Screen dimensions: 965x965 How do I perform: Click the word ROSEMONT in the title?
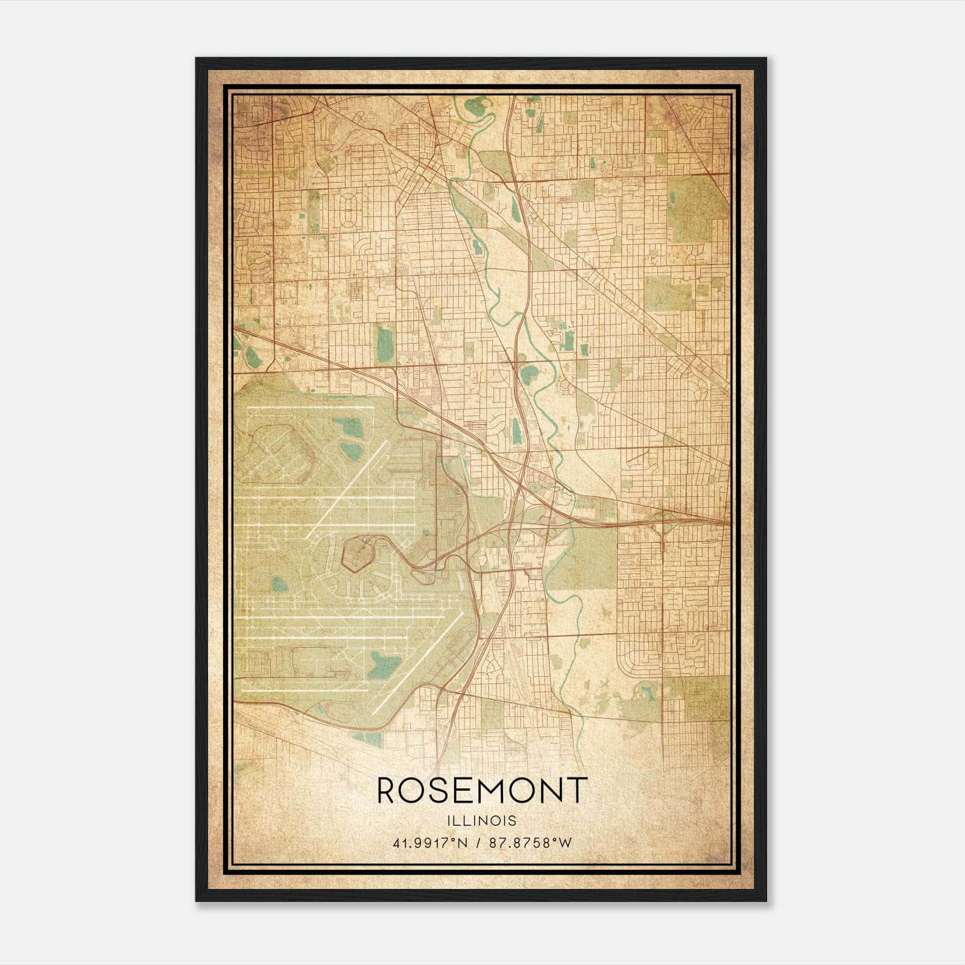click(482, 791)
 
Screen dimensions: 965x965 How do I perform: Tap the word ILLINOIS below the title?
click(482, 821)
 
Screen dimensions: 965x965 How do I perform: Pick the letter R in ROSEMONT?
click(388, 791)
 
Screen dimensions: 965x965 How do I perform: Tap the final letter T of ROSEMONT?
click(577, 791)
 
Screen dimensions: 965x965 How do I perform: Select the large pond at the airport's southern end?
click(384, 665)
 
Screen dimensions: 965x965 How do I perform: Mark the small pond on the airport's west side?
click(279, 584)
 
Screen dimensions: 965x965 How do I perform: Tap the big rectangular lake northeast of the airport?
click(384, 341)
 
